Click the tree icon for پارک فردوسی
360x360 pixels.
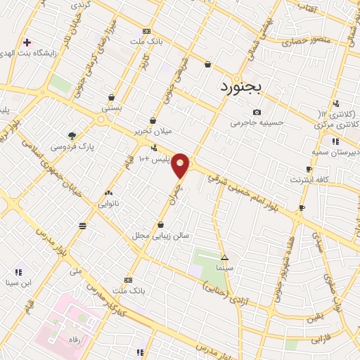click(x=72, y=136)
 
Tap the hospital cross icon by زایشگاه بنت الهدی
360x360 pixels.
click(x=27, y=42)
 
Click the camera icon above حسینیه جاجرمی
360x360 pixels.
click(x=257, y=112)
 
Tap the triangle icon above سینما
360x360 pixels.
click(x=224, y=257)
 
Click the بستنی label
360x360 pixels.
click(x=112, y=109)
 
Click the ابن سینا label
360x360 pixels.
click(x=17, y=283)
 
